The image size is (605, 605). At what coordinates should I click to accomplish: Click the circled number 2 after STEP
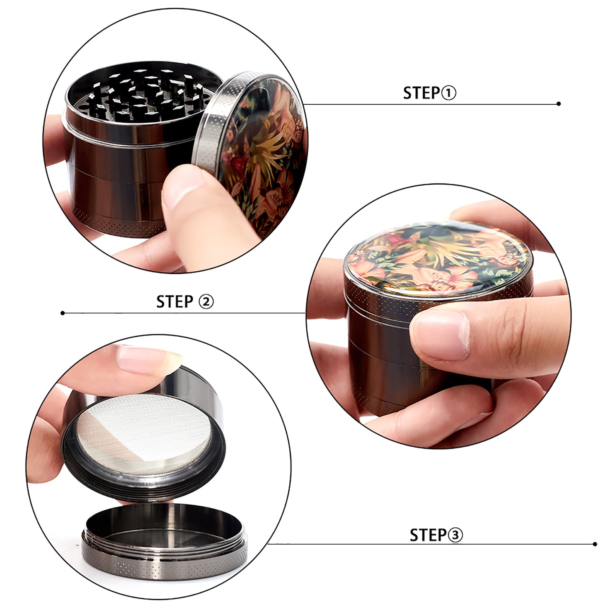click(206, 302)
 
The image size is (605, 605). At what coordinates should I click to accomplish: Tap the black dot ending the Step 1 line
click(559, 104)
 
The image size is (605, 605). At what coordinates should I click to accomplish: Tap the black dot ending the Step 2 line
click(63, 313)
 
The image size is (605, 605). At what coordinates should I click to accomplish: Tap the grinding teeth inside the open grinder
click(144, 94)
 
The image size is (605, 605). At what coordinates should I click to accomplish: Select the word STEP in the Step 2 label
click(175, 302)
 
